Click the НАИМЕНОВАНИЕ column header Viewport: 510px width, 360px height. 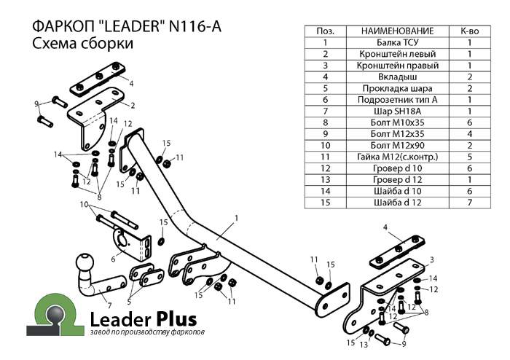[x=397, y=31]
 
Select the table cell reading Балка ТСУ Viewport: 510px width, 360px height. [x=397, y=43]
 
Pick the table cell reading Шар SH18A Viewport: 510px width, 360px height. [x=397, y=111]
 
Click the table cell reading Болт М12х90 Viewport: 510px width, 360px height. [x=397, y=145]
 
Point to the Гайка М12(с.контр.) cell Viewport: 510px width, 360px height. [x=397, y=157]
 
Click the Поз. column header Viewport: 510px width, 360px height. [x=326, y=31]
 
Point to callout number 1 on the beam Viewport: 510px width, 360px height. [x=237, y=217]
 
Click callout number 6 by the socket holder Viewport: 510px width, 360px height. [x=113, y=258]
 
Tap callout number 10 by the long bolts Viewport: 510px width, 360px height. [x=85, y=204]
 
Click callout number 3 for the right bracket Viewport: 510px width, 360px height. [x=431, y=259]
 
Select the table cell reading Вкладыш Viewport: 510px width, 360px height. [x=397, y=77]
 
